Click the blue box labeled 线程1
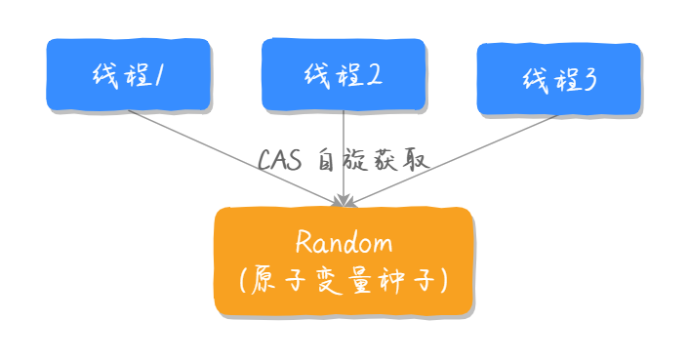coord(128,74)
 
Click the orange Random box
coord(344,260)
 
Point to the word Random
coord(344,242)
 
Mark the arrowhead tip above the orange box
coord(344,204)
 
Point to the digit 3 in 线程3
coord(588,78)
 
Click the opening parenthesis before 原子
coord(243,280)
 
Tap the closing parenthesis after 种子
coord(443,280)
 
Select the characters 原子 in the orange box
coord(278,280)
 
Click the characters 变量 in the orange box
coord(343,280)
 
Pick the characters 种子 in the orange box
coord(409,280)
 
